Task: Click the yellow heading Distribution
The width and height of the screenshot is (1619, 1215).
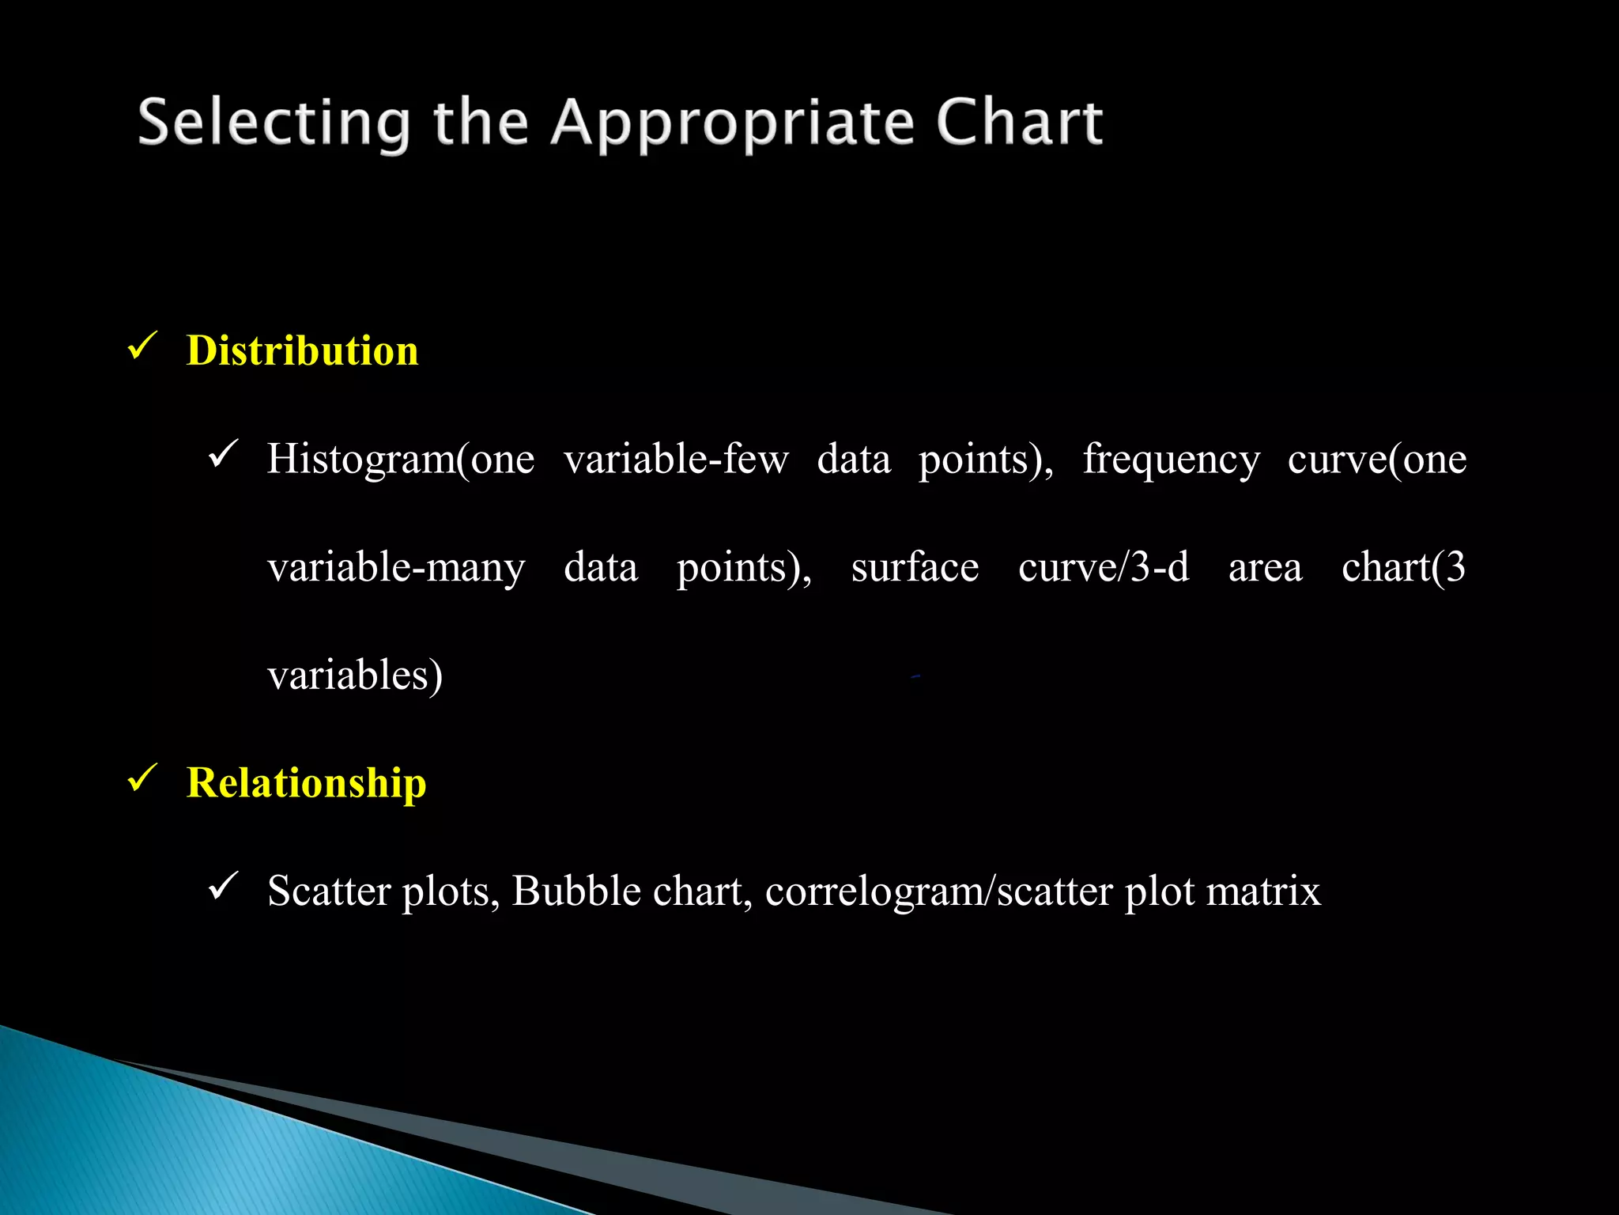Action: [302, 350]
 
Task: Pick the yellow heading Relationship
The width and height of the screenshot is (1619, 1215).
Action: [306, 782]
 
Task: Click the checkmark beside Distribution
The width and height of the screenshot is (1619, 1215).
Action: [142, 346]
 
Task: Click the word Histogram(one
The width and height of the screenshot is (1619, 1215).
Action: [400, 459]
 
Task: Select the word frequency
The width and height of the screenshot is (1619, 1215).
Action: [1171, 459]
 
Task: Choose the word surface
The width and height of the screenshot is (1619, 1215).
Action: [915, 567]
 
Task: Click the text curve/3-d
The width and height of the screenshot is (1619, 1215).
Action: [1104, 567]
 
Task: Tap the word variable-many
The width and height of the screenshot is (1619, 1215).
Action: [396, 567]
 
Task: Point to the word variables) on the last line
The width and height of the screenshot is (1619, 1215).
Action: [355, 676]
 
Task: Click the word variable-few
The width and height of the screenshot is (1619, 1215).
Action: [676, 459]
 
